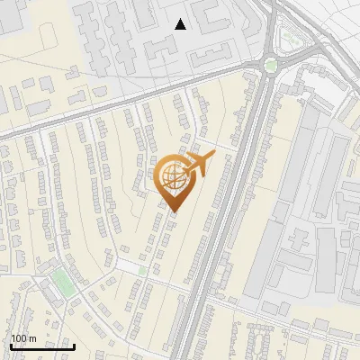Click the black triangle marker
coord(181,24)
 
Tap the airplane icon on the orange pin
coord(198,164)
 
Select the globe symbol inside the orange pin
coord(172,176)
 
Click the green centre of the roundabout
coord(270,64)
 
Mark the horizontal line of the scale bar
coord(42,346)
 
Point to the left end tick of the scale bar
coord(11,345)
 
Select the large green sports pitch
coord(62,282)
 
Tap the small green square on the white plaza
coord(142,269)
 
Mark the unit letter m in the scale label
coord(32,338)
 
